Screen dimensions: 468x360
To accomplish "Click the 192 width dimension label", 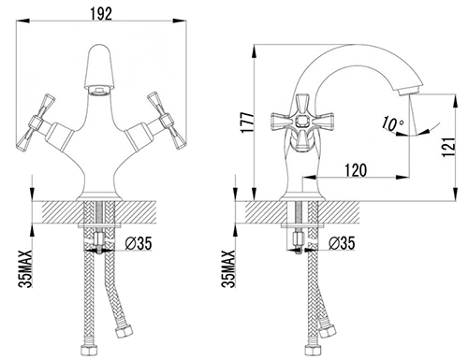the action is [x=101, y=14].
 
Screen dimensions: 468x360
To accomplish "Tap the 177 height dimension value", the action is [x=248, y=122].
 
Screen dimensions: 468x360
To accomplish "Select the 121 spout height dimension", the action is [x=449, y=147].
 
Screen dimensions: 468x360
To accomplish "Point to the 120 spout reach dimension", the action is [x=356, y=170].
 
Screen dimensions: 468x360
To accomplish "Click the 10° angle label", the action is [x=392, y=123].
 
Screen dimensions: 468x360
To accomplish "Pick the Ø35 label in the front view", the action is [x=139, y=243].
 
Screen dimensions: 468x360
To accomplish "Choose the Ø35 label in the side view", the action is [x=342, y=243].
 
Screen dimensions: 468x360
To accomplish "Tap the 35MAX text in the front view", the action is [x=25, y=268].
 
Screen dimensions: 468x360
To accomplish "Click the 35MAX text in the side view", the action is [x=228, y=268].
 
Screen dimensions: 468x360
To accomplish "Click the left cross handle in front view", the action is [x=36, y=122].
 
